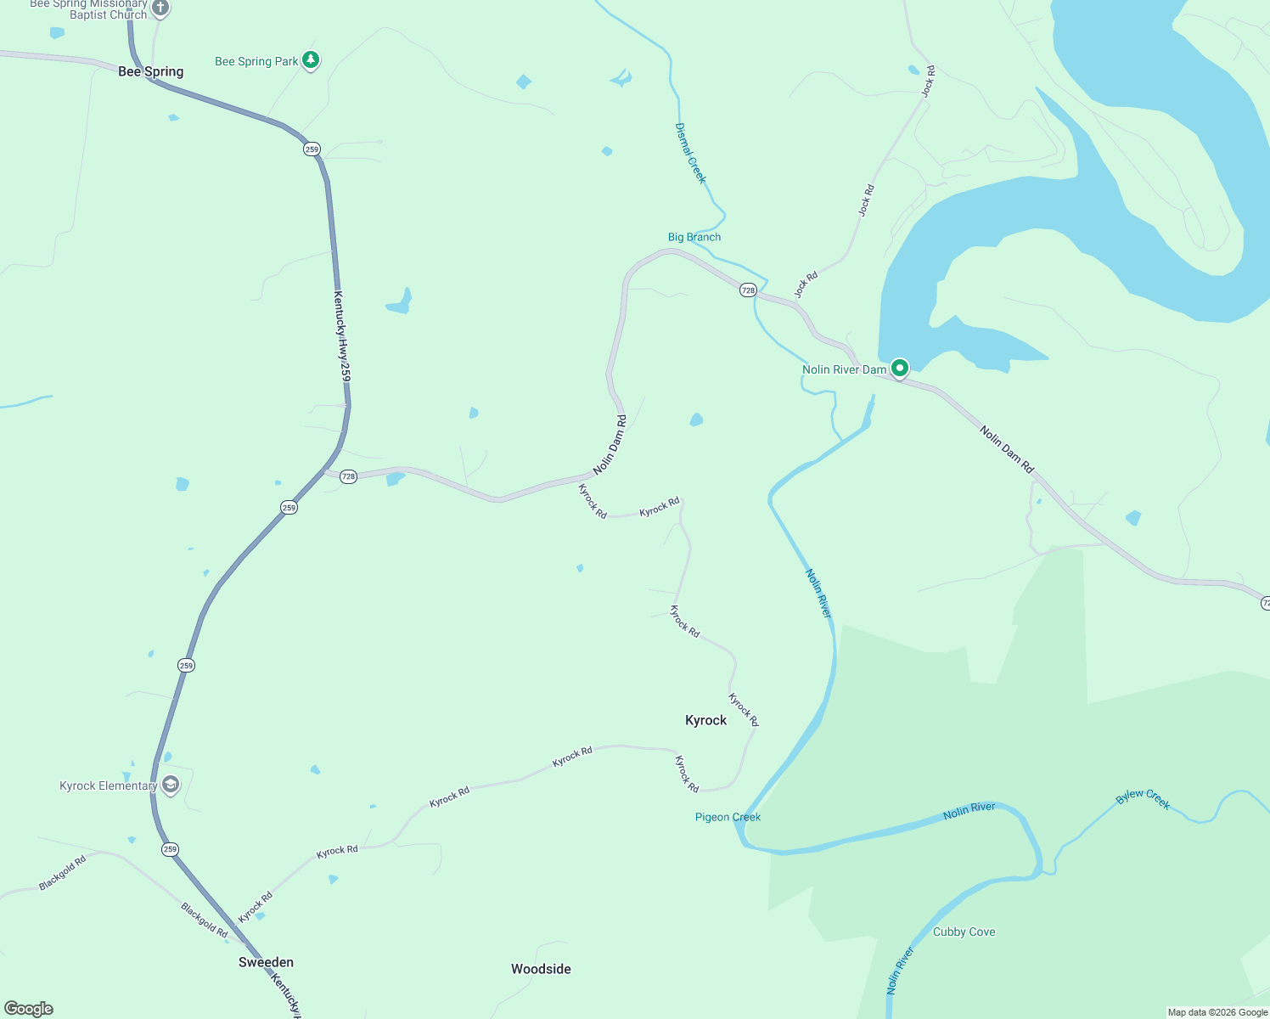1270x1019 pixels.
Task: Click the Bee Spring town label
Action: (150, 71)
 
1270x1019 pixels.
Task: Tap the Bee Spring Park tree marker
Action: (311, 60)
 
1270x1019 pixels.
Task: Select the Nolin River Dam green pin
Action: (900, 369)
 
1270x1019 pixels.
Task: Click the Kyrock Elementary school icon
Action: (171, 785)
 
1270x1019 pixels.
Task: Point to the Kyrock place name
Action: (705, 720)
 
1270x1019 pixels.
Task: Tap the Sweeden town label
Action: (266, 962)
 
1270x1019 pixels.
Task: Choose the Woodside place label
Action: (541, 969)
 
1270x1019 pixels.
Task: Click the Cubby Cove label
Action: (964, 932)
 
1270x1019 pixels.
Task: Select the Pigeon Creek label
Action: (728, 817)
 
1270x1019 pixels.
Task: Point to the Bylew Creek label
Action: (1143, 798)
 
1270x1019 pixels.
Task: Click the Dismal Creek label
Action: (690, 153)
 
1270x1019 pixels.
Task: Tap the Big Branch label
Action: (694, 237)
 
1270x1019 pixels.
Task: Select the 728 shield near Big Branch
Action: (747, 290)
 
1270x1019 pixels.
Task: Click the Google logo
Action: (29, 1009)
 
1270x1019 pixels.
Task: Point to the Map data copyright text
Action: (1217, 1012)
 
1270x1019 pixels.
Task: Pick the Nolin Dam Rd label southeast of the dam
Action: (1007, 449)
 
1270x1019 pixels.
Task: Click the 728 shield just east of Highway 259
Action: (348, 476)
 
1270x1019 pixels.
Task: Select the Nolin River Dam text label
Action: (844, 369)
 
